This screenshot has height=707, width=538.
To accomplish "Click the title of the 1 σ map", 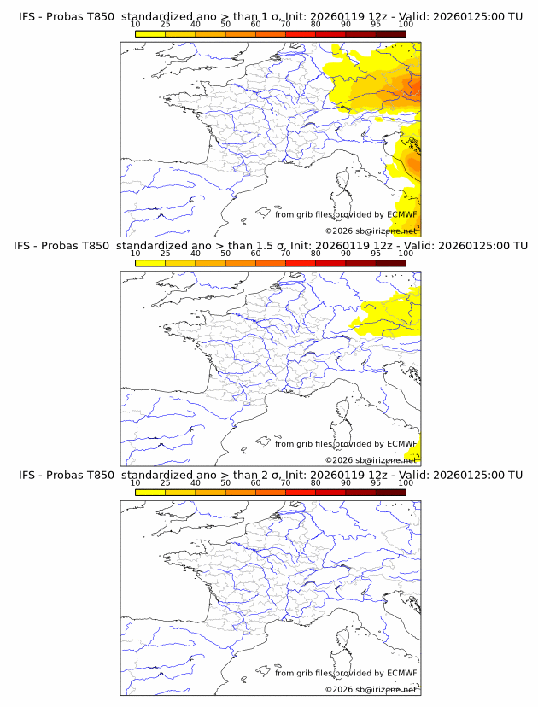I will click(270, 16).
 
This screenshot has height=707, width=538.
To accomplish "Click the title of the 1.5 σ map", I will click(270, 245).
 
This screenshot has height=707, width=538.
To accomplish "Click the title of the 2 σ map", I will click(270, 475).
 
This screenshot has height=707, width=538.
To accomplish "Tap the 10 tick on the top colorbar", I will click(136, 25).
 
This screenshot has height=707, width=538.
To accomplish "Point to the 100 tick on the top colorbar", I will click(406, 25).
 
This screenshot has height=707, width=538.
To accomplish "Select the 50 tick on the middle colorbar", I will click(225, 254).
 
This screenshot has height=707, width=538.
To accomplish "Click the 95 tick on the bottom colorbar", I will click(376, 483).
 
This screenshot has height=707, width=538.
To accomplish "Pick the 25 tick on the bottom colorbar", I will click(166, 483).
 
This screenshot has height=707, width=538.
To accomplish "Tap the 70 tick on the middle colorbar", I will click(285, 254).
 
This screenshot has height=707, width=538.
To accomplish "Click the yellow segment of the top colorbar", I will click(150, 33).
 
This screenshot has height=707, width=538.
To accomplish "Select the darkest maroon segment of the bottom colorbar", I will click(390, 492).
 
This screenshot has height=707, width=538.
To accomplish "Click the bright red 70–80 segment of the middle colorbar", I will click(300, 262).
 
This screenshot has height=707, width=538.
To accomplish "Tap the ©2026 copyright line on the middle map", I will click(371, 460).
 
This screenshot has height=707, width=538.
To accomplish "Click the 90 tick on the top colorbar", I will click(345, 25).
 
